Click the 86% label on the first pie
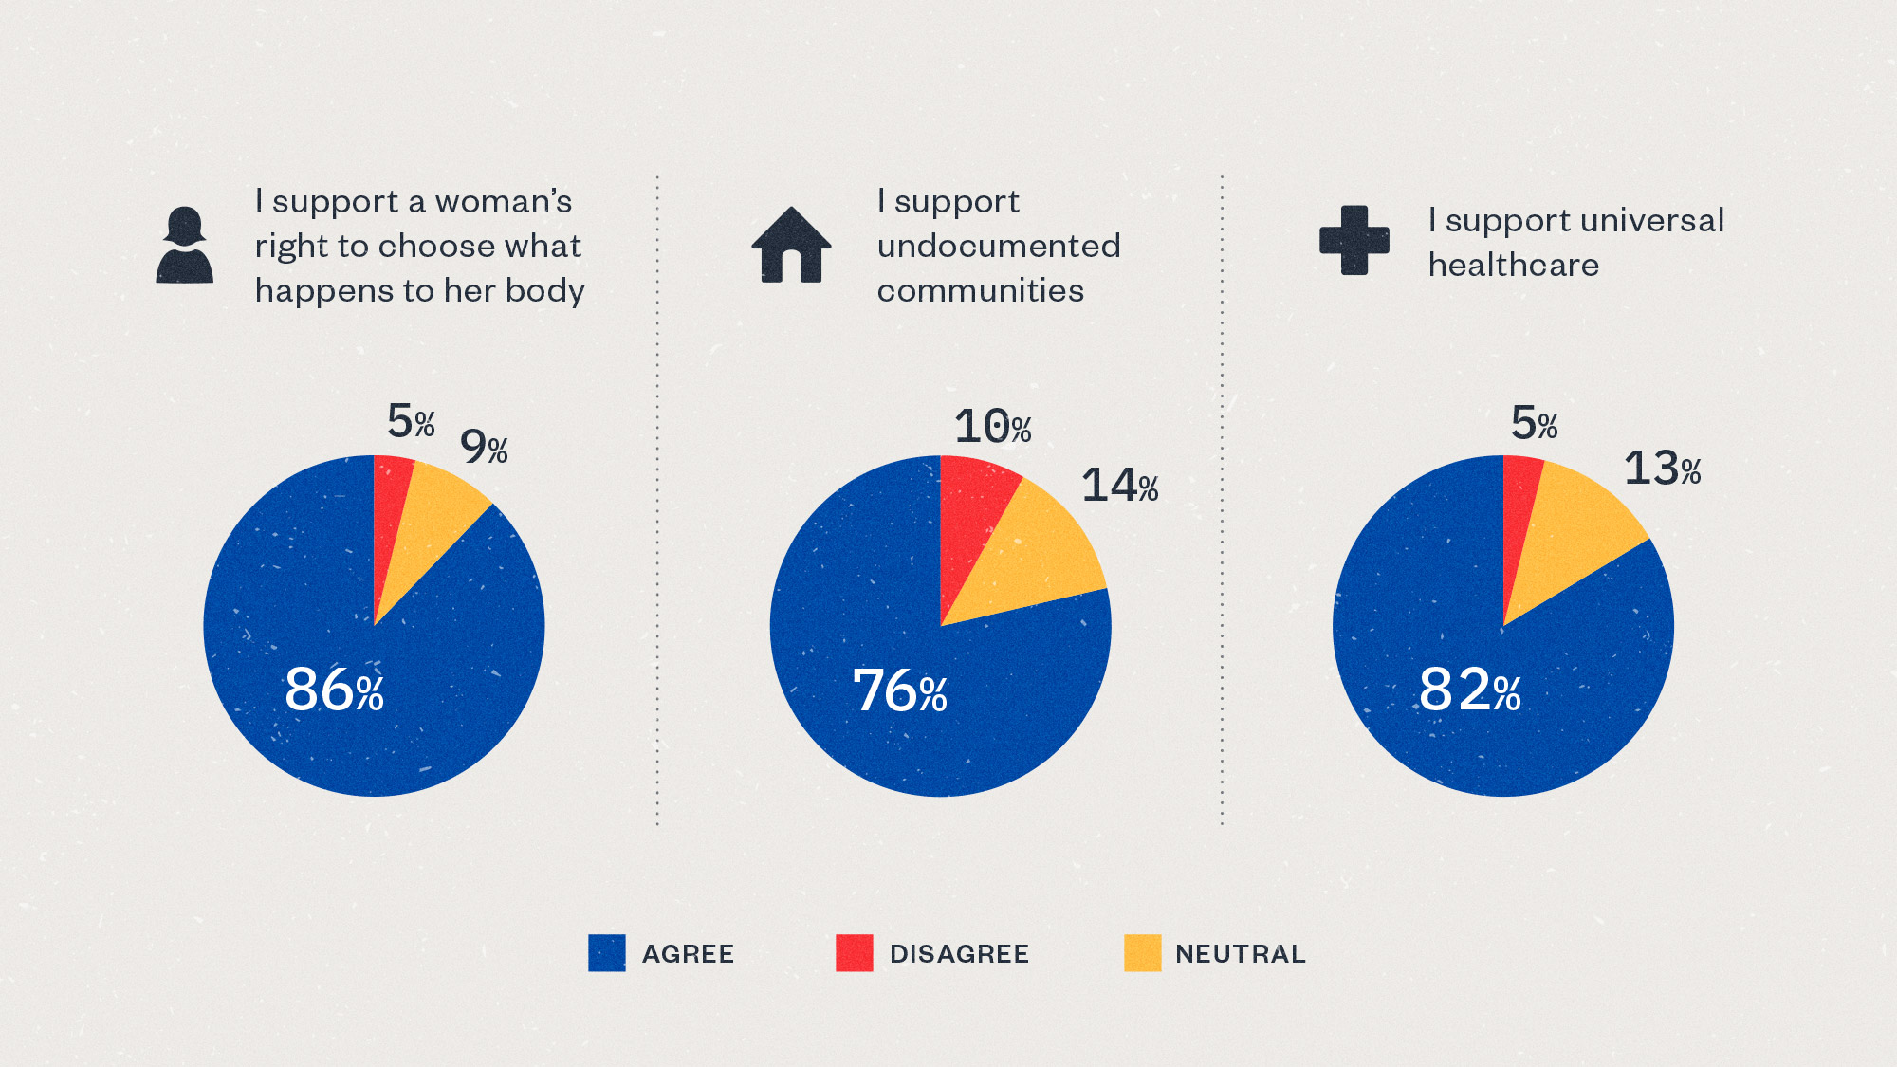pos(334,690)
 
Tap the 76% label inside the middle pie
pos(899,690)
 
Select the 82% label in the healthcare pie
pos(1469,690)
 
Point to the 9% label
pos(484,447)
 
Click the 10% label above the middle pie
pos(992,427)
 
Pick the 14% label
pos(1119,486)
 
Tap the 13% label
pos(1662,469)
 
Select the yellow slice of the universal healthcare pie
pos(1575,531)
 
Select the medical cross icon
pos(1354,240)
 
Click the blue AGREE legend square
pos(607,953)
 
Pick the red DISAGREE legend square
pos(854,953)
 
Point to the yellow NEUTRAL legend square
pos(1142,953)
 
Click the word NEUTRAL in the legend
pos(1240,954)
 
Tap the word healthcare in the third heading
pos(1513,266)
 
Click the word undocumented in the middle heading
pos(998,247)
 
